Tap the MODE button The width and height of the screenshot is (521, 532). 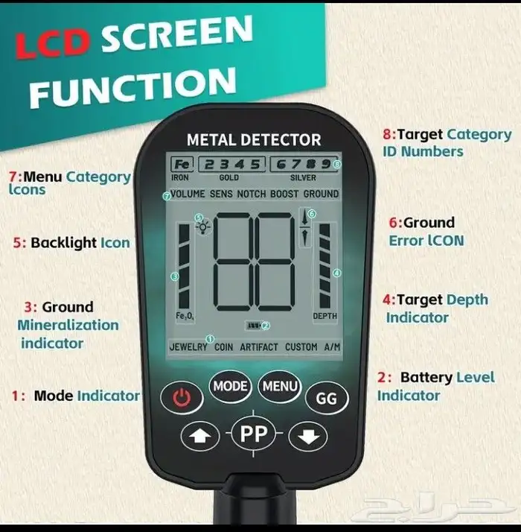point(230,386)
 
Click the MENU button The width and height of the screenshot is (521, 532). point(280,386)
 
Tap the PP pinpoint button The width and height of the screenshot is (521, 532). point(254,433)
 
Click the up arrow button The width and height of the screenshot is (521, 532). point(200,436)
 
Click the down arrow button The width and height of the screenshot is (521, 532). point(308,436)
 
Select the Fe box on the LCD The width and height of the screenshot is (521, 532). point(182,164)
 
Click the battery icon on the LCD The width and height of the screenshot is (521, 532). point(253,326)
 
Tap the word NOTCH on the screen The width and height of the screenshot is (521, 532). point(251,194)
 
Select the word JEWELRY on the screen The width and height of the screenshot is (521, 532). point(188,347)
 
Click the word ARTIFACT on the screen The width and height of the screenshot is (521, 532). point(258,347)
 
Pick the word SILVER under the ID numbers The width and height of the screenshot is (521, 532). point(303,177)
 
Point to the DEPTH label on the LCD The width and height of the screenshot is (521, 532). point(325,316)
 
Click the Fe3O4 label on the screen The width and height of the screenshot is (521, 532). point(185,316)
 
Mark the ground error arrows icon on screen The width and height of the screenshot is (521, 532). point(304,227)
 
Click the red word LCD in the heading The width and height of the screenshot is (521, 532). point(54,44)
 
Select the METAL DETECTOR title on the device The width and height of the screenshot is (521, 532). point(254,140)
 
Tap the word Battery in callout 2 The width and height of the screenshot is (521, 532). point(426,377)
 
